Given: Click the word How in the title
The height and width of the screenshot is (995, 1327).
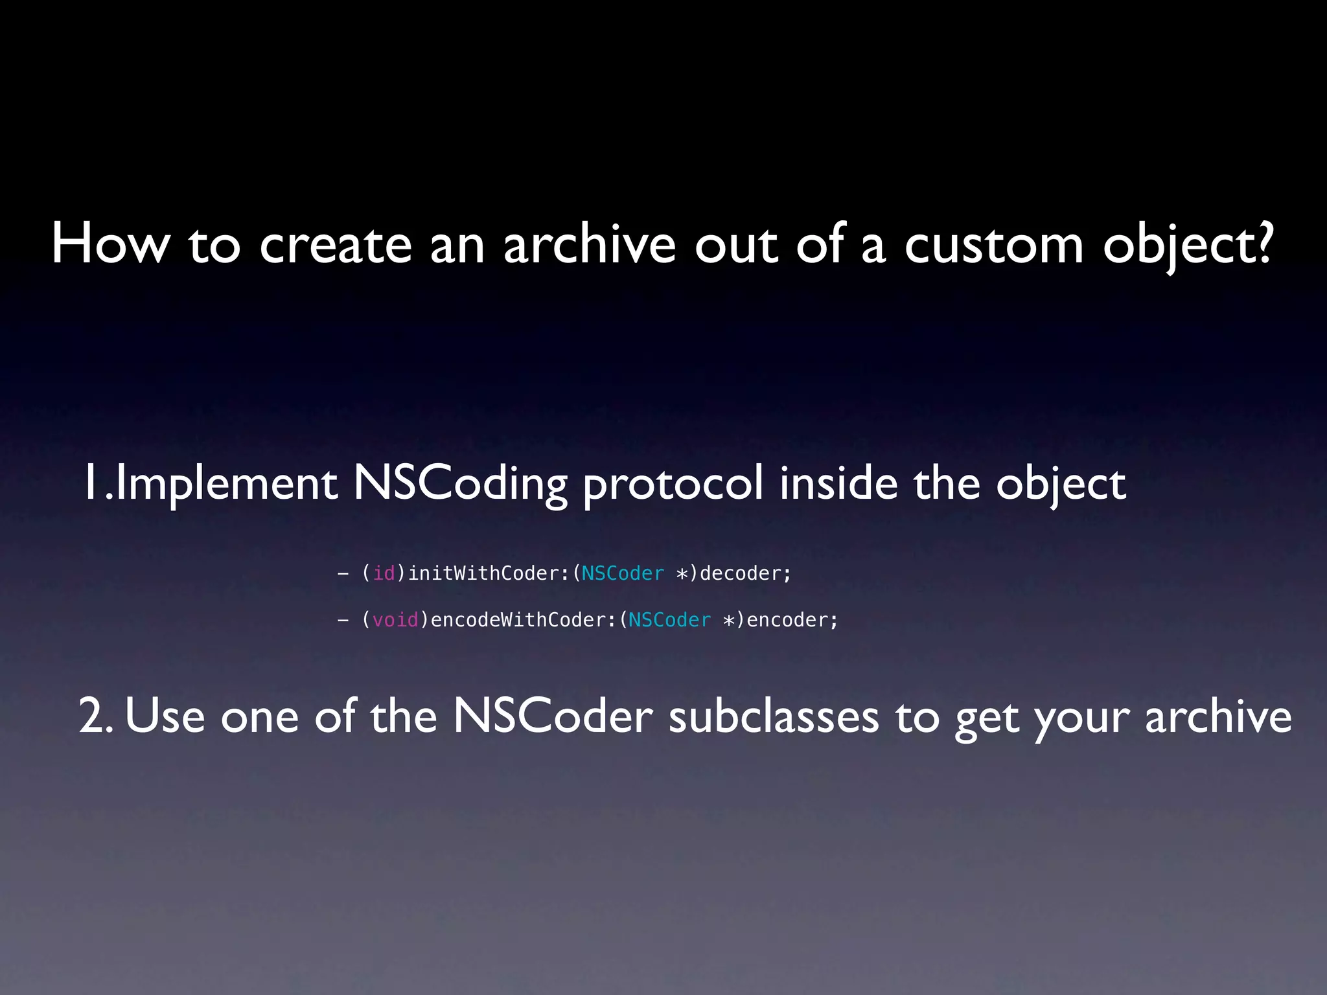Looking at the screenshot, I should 111,244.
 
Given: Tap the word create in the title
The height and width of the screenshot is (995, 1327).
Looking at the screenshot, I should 336,244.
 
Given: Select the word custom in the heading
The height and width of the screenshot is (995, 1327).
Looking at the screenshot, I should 993,244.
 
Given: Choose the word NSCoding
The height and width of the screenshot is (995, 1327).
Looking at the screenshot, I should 460,484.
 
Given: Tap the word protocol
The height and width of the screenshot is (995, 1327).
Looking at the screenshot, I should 673,484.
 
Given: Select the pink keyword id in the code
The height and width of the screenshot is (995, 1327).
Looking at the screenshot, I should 384,573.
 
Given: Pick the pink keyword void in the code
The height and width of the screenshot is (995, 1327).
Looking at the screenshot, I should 395,620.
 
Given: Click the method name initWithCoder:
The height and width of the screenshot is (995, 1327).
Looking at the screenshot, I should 489,573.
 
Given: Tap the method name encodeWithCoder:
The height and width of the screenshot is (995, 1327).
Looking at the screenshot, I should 523,620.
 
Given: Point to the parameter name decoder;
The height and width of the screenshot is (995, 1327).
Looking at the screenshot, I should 745,573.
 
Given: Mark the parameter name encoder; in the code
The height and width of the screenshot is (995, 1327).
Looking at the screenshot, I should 792,620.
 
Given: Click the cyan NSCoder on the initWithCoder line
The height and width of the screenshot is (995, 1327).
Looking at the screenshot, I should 623,573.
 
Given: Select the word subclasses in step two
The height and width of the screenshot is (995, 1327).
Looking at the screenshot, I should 774,716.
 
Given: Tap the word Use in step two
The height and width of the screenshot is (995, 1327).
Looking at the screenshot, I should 165,716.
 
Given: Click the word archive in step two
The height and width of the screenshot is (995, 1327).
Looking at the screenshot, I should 1218,716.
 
